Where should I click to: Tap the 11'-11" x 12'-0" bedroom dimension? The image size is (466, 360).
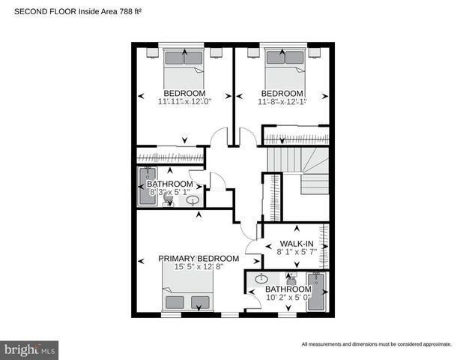[x=184, y=102]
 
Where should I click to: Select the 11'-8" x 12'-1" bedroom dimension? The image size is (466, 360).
[x=282, y=102]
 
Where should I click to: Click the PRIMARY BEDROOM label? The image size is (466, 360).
[x=199, y=259]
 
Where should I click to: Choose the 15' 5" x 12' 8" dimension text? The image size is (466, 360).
[x=199, y=267]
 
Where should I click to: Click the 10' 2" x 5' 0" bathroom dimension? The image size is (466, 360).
[x=288, y=298]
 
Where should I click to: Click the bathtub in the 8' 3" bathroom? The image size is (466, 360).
[x=145, y=186]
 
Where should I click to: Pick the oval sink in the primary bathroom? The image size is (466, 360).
[x=261, y=280]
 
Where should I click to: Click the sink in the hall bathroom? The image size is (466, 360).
[x=193, y=200]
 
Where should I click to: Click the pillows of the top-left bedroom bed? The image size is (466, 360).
[x=184, y=58]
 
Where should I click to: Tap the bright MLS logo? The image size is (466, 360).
[x=30, y=349]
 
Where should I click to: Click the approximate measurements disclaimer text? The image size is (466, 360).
[x=377, y=344]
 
